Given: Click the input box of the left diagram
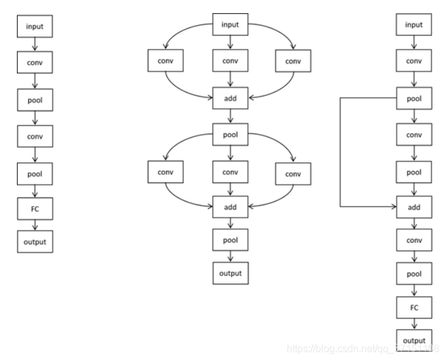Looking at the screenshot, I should [x=36, y=26].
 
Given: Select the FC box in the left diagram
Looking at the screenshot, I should [x=36, y=206].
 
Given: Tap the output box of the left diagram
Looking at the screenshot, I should [x=36, y=242].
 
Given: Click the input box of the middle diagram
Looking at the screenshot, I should [x=231, y=25].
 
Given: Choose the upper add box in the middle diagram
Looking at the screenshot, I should [x=231, y=98].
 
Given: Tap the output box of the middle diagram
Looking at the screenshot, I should [x=231, y=274].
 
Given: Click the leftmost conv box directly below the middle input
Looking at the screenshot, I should [x=165, y=61].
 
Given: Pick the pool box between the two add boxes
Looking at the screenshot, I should [x=231, y=134].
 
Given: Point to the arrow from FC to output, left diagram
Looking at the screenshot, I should [x=36, y=224].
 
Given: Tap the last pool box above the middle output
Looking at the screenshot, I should [x=231, y=239].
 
